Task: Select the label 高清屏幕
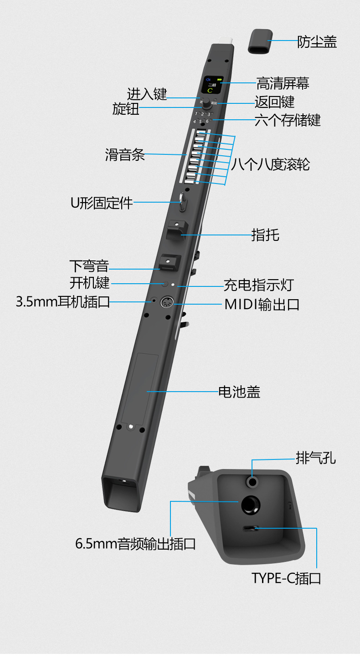[x=283, y=83]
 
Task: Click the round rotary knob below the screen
[x=207, y=103]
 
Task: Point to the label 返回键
[x=274, y=102]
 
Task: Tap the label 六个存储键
[x=288, y=120]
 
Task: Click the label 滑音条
[x=125, y=155]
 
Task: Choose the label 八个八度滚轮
[x=270, y=164]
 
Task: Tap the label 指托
[x=265, y=235]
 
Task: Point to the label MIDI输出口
[x=262, y=304]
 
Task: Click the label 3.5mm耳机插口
[x=63, y=302]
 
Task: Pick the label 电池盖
[x=239, y=391]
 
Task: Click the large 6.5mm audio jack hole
[x=250, y=505]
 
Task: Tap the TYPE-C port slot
[x=250, y=529]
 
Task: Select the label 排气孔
[x=316, y=458]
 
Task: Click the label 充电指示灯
[x=258, y=285]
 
